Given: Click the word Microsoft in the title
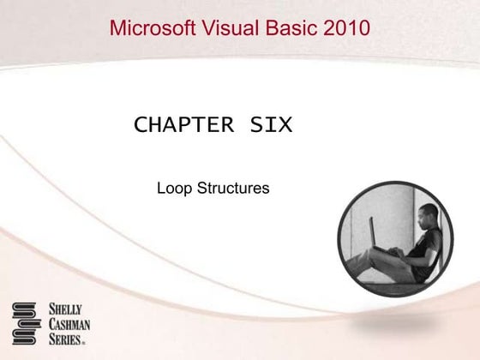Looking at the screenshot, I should pyautogui.click(x=152, y=27).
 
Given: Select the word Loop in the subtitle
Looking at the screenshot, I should pyautogui.click(x=172, y=187).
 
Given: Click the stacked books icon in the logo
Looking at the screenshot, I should pyautogui.click(x=26, y=323).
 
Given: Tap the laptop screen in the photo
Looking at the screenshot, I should pyautogui.click(x=374, y=231).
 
